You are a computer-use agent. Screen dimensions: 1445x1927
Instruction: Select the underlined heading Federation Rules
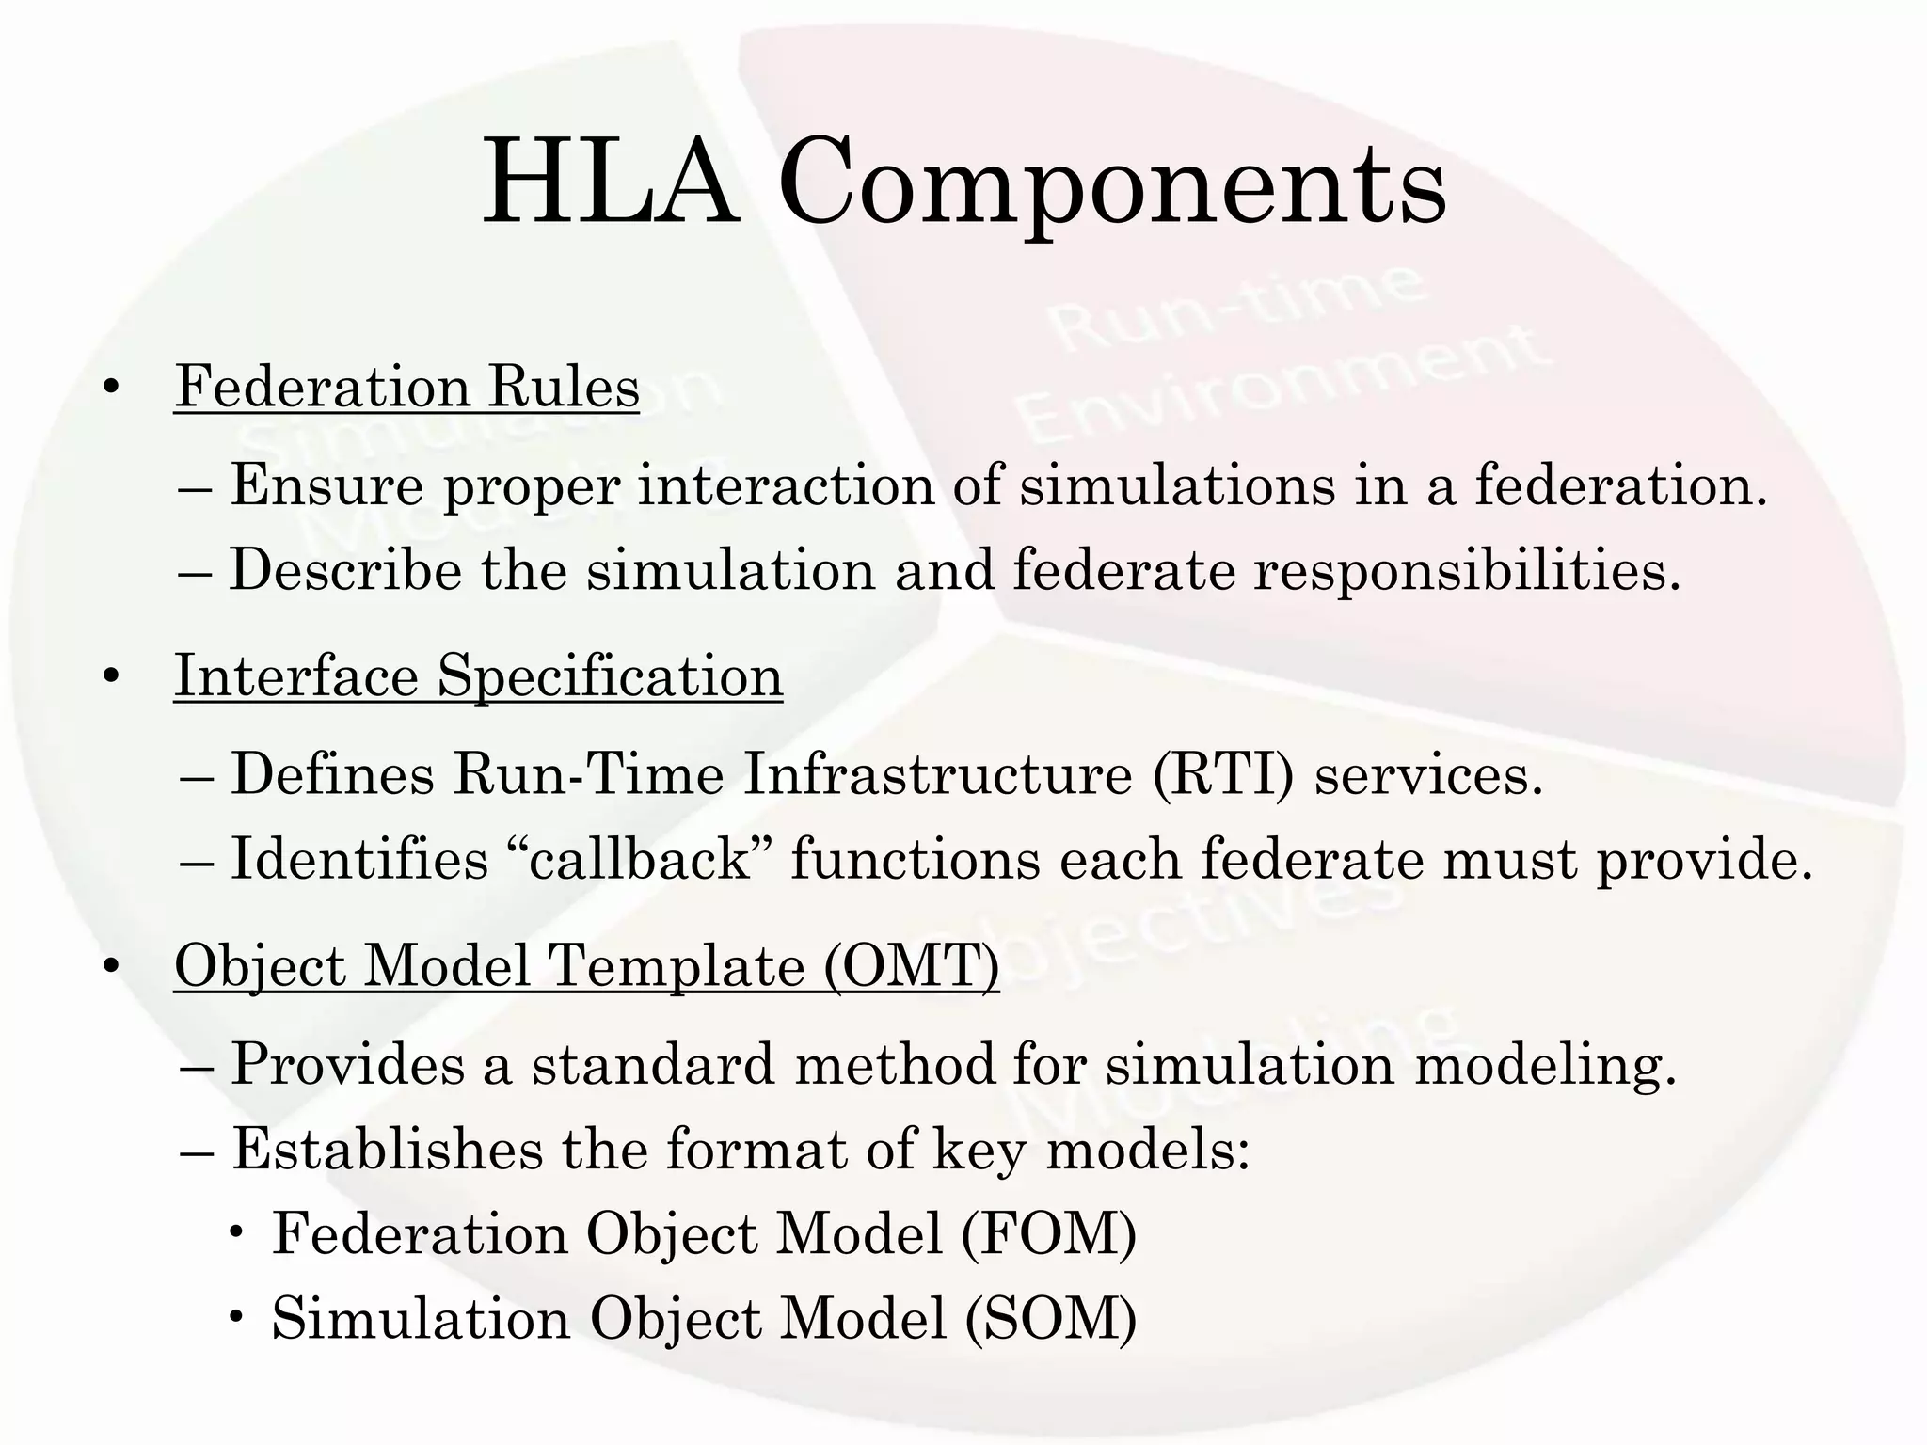[x=406, y=387]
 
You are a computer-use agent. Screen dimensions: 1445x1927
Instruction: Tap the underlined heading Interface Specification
[x=478, y=676]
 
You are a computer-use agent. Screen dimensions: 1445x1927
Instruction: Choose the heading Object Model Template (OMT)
[x=586, y=966]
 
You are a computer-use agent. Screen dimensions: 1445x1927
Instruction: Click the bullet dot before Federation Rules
[x=112, y=389]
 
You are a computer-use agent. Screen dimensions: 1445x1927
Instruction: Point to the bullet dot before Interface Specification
[x=112, y=678]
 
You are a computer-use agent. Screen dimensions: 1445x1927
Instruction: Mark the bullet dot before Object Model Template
[x=112, y=968]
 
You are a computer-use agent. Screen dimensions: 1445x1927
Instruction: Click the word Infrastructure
[x=938, y=775]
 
